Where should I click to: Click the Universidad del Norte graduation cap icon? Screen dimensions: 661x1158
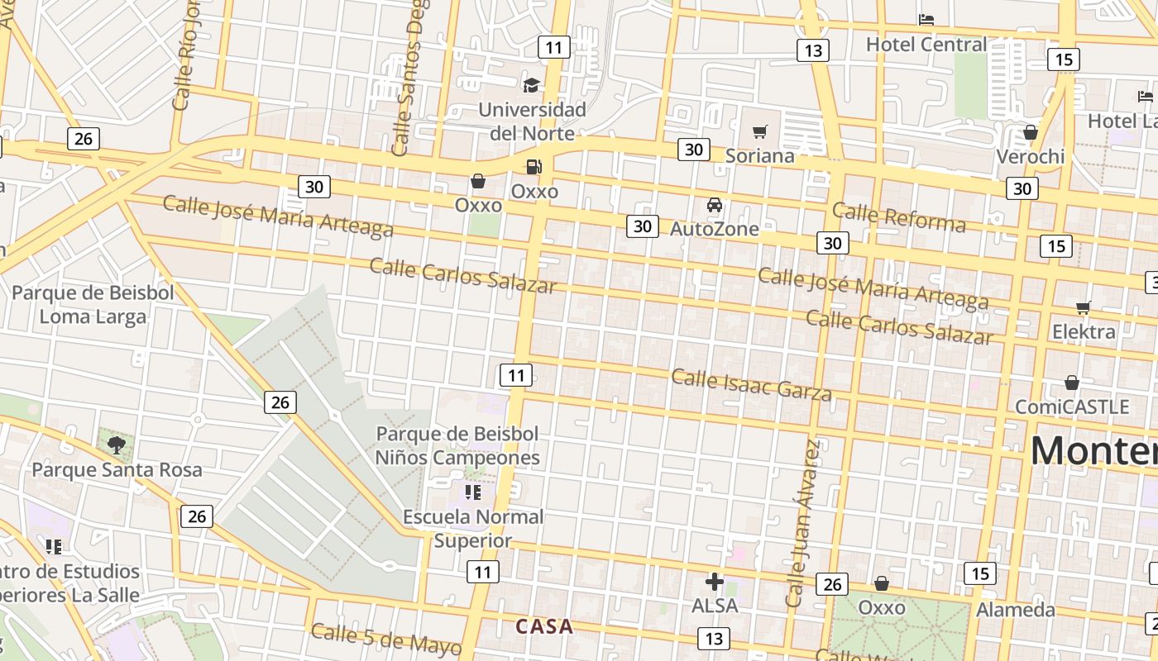tap(531, 84)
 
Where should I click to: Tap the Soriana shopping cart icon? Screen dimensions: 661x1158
tap(759, 131)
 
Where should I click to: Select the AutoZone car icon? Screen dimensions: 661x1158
tap(714, 205)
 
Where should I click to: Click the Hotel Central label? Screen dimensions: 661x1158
tap(926, 44)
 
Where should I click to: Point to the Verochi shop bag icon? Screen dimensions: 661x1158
tap(1030, 132)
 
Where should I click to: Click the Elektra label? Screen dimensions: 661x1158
tap(1084, 331)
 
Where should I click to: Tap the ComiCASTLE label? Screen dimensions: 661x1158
tap(1072, 407)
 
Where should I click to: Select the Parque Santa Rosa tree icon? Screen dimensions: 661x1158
tap(117, 445)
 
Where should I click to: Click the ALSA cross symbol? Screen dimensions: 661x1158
tap(714, 582)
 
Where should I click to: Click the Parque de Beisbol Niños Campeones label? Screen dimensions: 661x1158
tap(457, 445)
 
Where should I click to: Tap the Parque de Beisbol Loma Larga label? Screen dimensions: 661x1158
tap(93, 304)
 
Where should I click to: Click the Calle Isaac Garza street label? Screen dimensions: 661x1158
tap(751, 384)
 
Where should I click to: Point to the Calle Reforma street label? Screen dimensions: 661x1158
tap(898, 216)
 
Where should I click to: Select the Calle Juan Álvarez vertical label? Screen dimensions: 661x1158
tap(803, 525)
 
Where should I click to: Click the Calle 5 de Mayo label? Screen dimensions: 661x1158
tap(386, 640)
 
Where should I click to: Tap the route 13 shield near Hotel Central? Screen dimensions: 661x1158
tap(813, 50)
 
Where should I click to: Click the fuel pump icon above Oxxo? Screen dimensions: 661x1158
tap(534, 166)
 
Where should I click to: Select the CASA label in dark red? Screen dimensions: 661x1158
tap(544, 626)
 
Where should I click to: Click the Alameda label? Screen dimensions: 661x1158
tap(1016, 610)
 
